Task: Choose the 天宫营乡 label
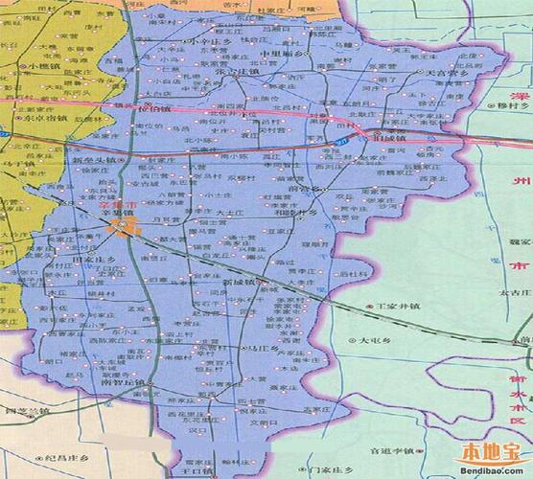coord(427,74)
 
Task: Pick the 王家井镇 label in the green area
coord(399,308)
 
